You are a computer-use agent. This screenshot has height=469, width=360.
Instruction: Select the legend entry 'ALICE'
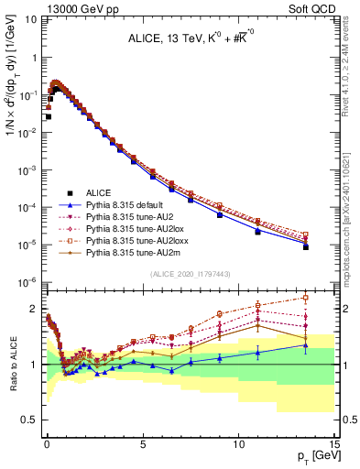pyautogui.click(x=95, y=192)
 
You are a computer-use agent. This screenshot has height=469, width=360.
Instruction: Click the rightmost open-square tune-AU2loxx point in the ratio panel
pyautogui.click(x=306, y=298)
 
